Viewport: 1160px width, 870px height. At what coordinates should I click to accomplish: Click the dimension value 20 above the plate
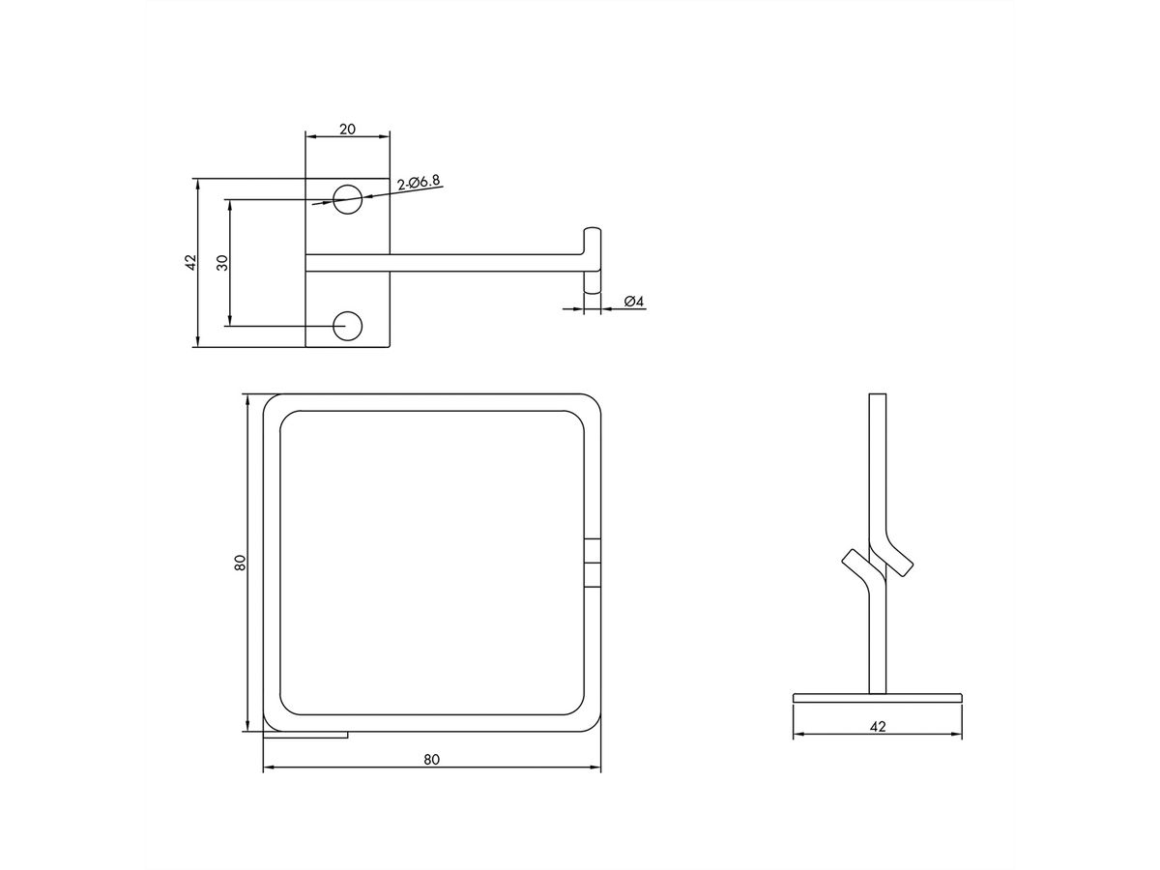point(347,129)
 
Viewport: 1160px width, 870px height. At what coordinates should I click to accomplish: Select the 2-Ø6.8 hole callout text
point(419,181)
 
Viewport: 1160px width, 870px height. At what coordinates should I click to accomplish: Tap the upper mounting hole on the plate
point(348,200)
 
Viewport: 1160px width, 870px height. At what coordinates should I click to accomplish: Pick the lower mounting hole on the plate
point(348,326)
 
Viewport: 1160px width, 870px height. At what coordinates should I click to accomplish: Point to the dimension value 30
point(221,262)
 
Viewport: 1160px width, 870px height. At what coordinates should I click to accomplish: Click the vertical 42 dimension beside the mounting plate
point(190,262)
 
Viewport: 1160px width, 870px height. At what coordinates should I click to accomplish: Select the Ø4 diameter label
point(634,303)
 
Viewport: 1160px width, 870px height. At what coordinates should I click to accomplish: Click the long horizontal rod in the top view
point(483,262)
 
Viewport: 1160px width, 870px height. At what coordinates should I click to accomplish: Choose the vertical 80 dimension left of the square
point(240,563)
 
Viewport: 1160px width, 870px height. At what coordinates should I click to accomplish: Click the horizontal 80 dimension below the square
point(431,760)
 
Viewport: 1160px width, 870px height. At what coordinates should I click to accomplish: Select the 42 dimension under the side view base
point(878,725)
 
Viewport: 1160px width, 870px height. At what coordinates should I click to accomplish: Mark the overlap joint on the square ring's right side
point(593,563)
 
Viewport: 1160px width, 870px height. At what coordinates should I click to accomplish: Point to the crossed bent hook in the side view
point(877,565)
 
